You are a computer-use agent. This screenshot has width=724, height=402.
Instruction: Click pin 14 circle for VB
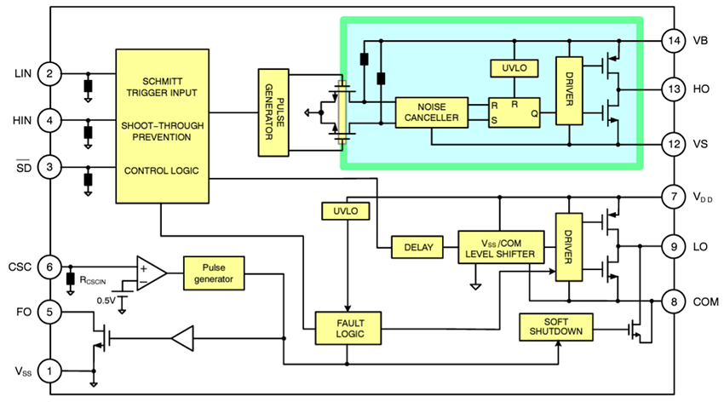click(x=675, y=40)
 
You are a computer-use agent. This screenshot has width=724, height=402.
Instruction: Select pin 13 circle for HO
click(x=675, y=89)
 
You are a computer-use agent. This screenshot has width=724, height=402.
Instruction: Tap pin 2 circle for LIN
click(x=50, y=75)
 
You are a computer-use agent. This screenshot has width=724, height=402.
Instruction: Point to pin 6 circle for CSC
click(x=50, y=267)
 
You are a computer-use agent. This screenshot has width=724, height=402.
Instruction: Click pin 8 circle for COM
click(x=675, y=301)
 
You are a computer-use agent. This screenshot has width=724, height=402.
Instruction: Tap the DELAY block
click(x=417, y=248)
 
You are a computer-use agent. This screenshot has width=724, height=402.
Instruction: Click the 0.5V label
click(x=106, y=301)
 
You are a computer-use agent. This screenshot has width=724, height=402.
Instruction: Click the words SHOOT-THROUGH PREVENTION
click(x=162, y=131)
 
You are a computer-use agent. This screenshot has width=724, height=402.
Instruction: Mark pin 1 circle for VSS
click(x=50, y=370)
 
